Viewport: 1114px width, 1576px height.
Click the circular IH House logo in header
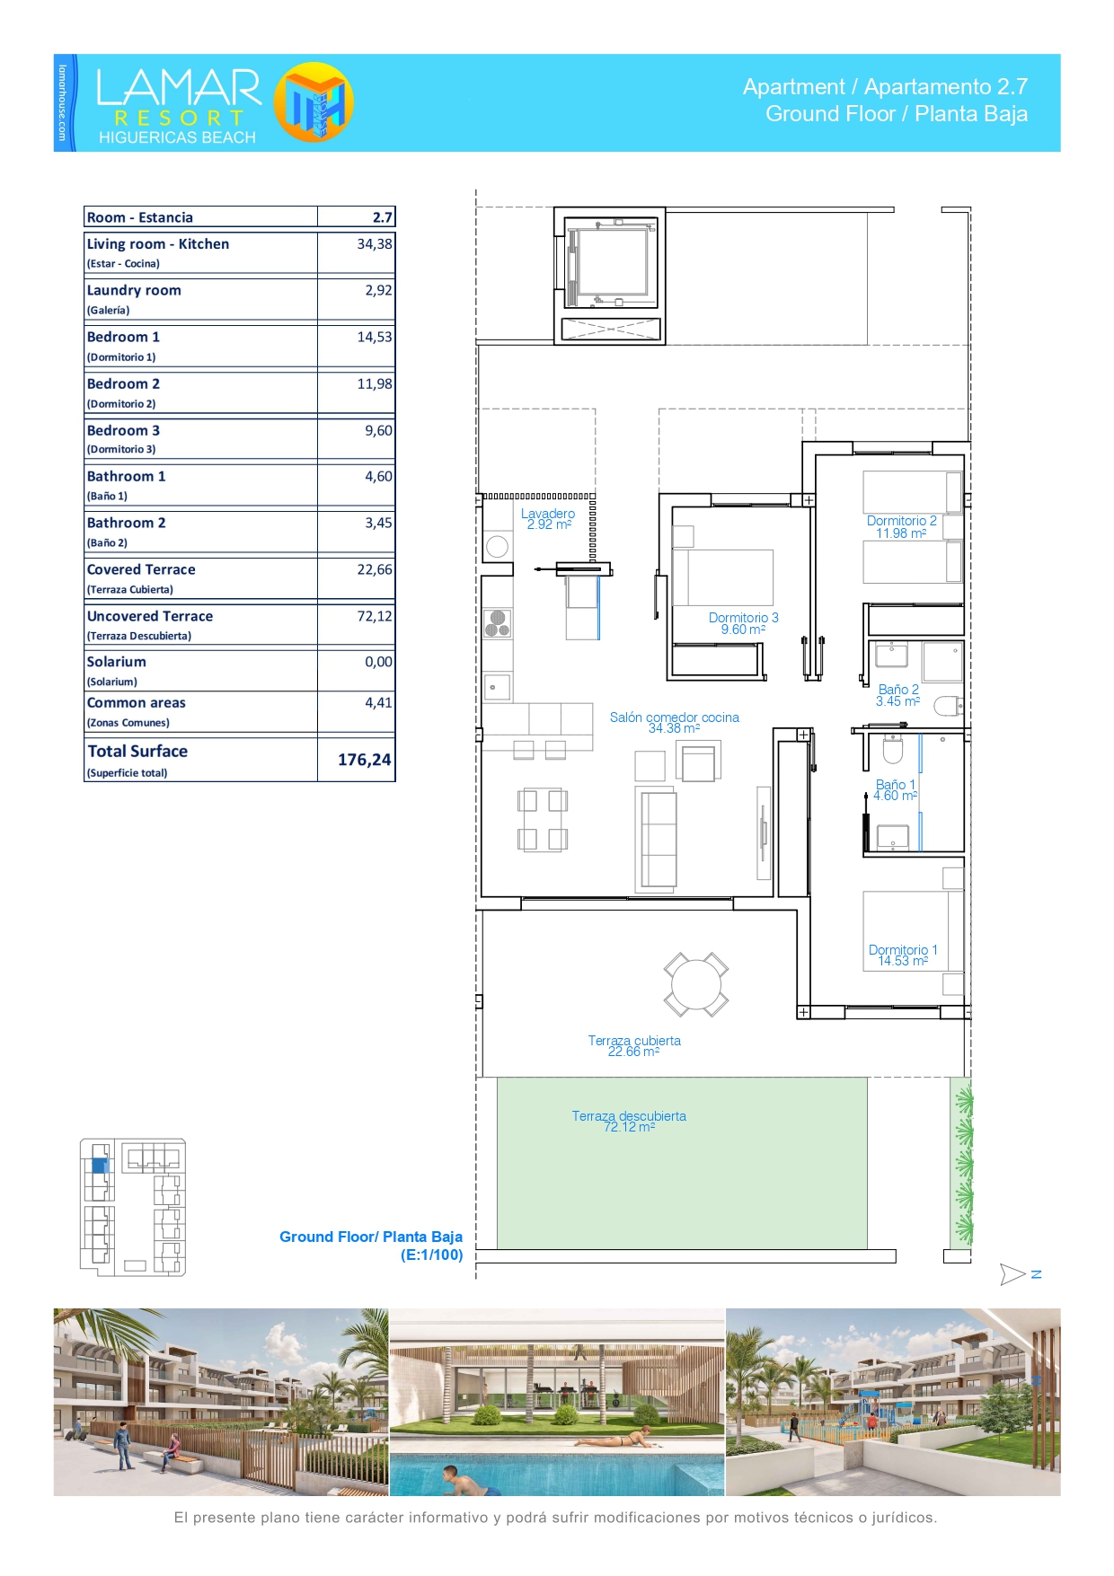pyautogui.click(x=314, y=102)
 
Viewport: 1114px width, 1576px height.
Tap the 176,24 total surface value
pyautogui.click(x=364, y=760)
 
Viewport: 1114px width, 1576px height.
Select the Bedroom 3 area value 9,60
pyautogui.click(x=378, y=431)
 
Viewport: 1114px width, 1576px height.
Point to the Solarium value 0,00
pyautogui.click(x=378, y=662)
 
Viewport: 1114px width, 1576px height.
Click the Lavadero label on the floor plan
pyautogui.click(x=548, y=514)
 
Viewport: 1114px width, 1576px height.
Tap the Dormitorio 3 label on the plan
pyautogui.click(x=744, y=618)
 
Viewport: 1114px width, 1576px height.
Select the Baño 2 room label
pyautogui.click(x=898, y=690)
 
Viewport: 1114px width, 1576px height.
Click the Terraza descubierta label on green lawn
pyautogui.click(x=629, y=1116)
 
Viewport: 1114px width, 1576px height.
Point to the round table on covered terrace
pyautogui.click(x=696, y=984)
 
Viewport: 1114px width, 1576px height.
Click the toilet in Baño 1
pyautogui.click(x=893, y=748)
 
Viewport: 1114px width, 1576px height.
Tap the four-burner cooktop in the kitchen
pyautogui.click(x=498, y=622)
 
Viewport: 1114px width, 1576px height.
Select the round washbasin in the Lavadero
pyautogui.click(x=497, y=546)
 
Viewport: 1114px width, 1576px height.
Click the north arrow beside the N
pyautogui.click(x=1012, y=1274)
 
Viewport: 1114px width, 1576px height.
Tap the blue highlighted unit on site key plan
pyautogui.click(x=100, y=1166)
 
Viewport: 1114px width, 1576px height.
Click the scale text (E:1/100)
pyautogui.click(x=431, y=1255)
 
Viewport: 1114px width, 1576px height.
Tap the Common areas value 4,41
pyautogui.click(x=378, y=703)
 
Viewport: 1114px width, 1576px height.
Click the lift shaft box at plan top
pyautogui.click(x=609, y=276)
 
